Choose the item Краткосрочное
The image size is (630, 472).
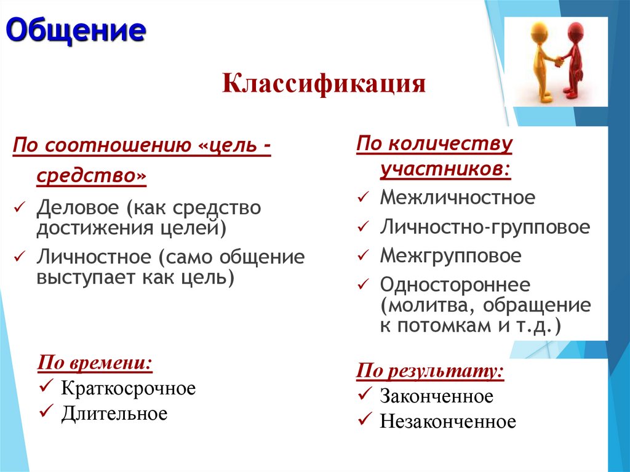coord(128,388)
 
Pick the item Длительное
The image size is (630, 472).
coord(114,413)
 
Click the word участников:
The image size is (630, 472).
coord(445,169)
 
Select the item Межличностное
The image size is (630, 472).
coord(457,198)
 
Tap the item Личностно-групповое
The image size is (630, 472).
coord(485,227)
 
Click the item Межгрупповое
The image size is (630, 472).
coord(450,255)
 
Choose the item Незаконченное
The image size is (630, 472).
coord(447,422)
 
